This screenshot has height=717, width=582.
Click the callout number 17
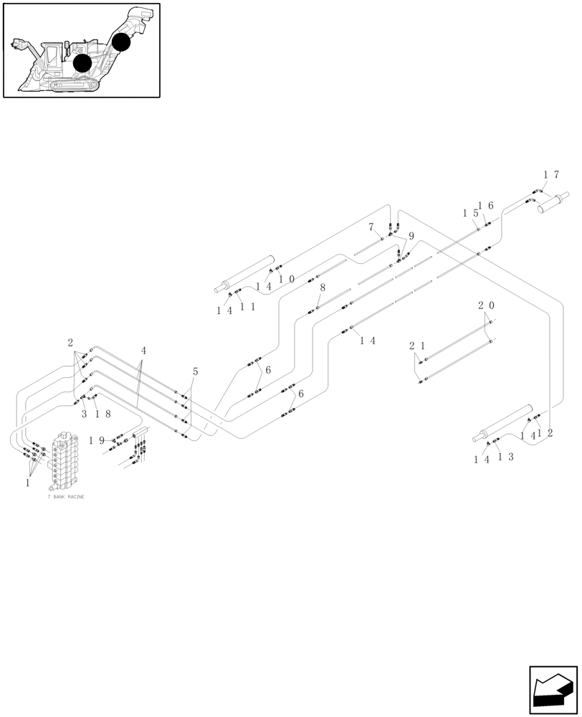(550, 174)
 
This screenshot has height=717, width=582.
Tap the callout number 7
(371, 227)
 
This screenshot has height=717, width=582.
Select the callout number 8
(323, 288)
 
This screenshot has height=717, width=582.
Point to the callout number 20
(485, 305)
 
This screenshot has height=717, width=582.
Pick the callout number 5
(195, 371)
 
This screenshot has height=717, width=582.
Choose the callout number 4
(143, 351)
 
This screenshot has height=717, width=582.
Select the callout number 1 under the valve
(27, 483)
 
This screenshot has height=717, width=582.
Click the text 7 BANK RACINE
(66, 497)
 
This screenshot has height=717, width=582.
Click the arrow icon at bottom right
(553, 690)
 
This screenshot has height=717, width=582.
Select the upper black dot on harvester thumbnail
(121, 42)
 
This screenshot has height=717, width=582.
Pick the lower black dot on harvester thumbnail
(82, 63)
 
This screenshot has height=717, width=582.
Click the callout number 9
(411, 236)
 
